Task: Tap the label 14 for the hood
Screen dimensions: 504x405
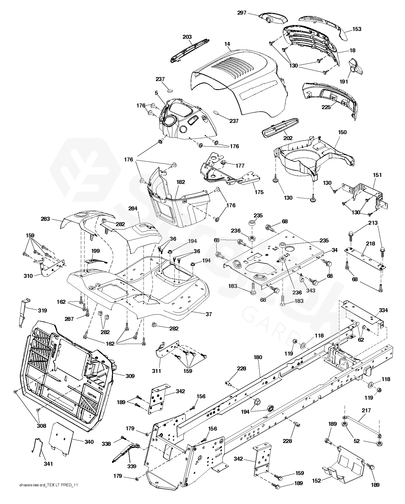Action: [x=227, y=44]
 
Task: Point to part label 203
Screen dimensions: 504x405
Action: [x=187, y=37]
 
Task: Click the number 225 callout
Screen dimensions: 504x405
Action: [x=326, y=107]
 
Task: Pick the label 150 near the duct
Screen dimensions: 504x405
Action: [x=342, y=132]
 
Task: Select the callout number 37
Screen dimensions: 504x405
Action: [x=208, y=314]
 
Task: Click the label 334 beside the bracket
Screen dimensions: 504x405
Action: [x=383, y=310]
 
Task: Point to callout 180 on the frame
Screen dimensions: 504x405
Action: [x=258, y=357]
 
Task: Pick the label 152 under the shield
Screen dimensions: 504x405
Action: [x=317, y=481]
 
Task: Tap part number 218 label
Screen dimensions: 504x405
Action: [x=371, y=244]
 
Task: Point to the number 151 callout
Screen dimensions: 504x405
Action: [x=377, y=175]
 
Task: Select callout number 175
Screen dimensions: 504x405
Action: [x=259, y=192]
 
